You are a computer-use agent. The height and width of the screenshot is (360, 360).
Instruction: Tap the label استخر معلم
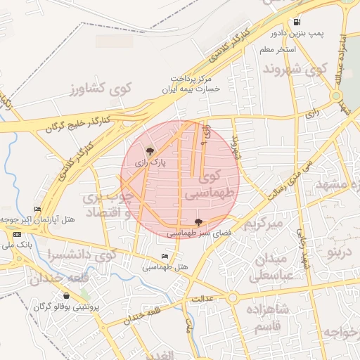pyautogui.click(x=277, y=50)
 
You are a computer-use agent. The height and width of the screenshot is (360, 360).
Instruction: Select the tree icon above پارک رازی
pyautogui.click(x=149, y=150)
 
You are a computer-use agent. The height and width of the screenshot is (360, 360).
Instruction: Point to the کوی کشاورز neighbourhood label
pyautogui.click(x=101, y=89)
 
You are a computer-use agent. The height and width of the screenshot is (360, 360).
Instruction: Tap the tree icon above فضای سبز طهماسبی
pyautogui.click(x=197, y=221)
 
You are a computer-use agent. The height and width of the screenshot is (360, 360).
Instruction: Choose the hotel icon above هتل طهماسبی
pyautogui.click(x=165, y=256)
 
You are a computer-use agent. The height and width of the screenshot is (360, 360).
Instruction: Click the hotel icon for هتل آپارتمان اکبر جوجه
pyautogui.click(x=37, y=210)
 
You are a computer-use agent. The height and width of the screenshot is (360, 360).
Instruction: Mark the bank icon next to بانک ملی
pyautogui.click(x=17, y=234)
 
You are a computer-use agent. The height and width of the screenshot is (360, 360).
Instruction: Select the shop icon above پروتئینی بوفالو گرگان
pyautogui.click(x=65, y=295)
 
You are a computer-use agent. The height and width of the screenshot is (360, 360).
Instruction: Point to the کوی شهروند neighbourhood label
pyautogui.click(x=296, y=70)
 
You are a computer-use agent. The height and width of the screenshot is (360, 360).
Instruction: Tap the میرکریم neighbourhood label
pyautogui.click(x=263, y=224)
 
